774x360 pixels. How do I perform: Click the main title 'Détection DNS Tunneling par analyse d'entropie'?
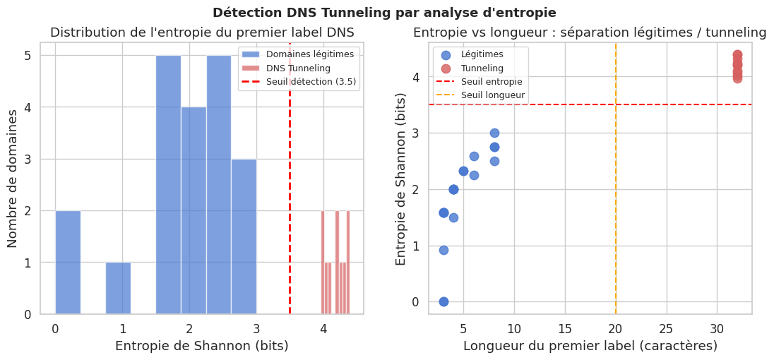click(x=384, y=13)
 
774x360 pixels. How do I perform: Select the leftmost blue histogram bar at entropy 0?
click(x=68, y=262)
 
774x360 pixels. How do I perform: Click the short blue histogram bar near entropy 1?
click(x=118, y=288)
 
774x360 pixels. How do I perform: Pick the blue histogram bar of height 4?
click(x=194, y=210)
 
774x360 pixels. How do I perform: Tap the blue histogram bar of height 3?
click(x=244, y=236)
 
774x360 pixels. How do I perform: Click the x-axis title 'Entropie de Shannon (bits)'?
click(x=201, y=346)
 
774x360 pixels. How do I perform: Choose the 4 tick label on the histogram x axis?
click(x=323, y=328)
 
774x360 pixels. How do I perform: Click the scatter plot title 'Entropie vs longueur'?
click(x=590, y=32)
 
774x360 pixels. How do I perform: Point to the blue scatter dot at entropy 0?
click(x=443, y=301)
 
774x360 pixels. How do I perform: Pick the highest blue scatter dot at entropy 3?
click(x=494, y=133)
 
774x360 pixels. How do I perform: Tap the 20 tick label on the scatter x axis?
click(x=615, y=328)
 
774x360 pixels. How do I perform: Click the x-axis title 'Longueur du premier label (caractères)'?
click(x=590, y=346)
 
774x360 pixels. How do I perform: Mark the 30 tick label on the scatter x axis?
click(x=717, y=328)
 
